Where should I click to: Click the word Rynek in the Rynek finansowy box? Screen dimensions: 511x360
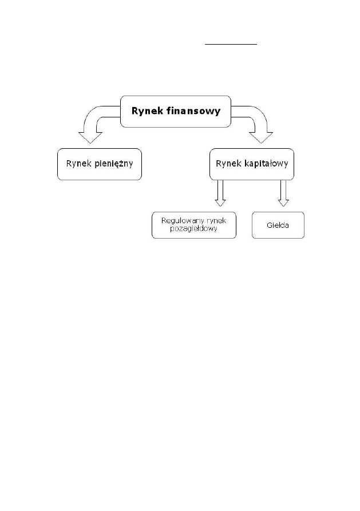(x=147, y=111)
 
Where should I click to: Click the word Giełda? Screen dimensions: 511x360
(x=278, y=225)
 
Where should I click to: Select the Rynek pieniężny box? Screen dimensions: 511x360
(x=100, y=164)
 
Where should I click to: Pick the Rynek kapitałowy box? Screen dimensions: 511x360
(x=251, y=164)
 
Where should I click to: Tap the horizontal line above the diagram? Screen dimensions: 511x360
(x=232, y=43)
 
